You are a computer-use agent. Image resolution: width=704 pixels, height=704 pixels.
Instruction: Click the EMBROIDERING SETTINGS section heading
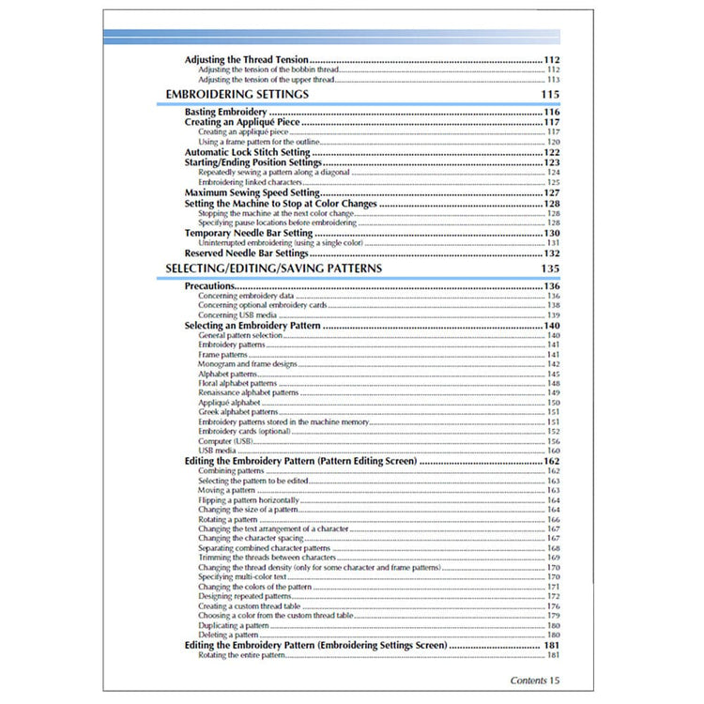[237, 95]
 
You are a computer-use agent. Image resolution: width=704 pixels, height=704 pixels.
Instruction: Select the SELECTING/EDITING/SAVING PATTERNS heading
[273, 268]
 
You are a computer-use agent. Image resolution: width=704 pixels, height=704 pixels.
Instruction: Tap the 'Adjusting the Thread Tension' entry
[247, 59]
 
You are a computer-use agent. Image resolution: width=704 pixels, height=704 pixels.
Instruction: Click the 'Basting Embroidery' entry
[225, 113]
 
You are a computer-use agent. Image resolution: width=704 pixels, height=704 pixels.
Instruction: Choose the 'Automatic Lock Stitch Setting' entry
[247, 152]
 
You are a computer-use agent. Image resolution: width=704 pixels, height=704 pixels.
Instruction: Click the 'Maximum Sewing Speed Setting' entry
[247, 192]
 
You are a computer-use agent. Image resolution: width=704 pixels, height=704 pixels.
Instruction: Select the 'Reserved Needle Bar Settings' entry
[246, 253]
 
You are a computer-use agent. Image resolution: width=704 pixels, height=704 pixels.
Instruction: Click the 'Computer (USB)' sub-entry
[225, 441]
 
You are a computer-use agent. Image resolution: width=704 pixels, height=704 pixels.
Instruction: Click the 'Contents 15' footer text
[535, 680]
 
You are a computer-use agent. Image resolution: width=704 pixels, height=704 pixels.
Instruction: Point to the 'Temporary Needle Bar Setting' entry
[248, 233]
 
